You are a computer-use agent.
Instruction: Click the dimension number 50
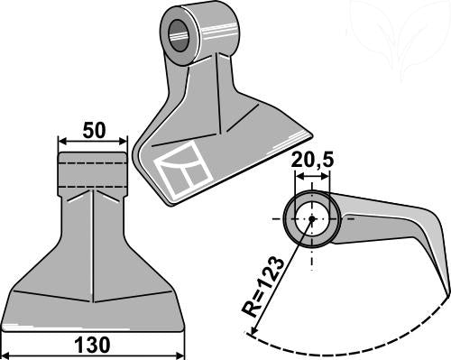click(x=94, y=130)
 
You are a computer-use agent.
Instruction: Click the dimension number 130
click(x=92, y=346)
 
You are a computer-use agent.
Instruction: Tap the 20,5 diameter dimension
click(x=312, y=160)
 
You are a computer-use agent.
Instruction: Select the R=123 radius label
click(x=262, y=287)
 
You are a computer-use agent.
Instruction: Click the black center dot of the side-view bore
click(x=312, y=218)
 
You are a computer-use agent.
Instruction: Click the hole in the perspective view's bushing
click(x=179, y=35)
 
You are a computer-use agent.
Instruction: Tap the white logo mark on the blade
click(x=183, y=168)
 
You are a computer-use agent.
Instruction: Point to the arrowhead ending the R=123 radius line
click(x=253, y=330)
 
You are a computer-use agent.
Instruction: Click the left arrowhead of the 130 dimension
click(x=6, y=355)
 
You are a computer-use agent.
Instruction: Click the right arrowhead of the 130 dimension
click(x=179, y=355)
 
